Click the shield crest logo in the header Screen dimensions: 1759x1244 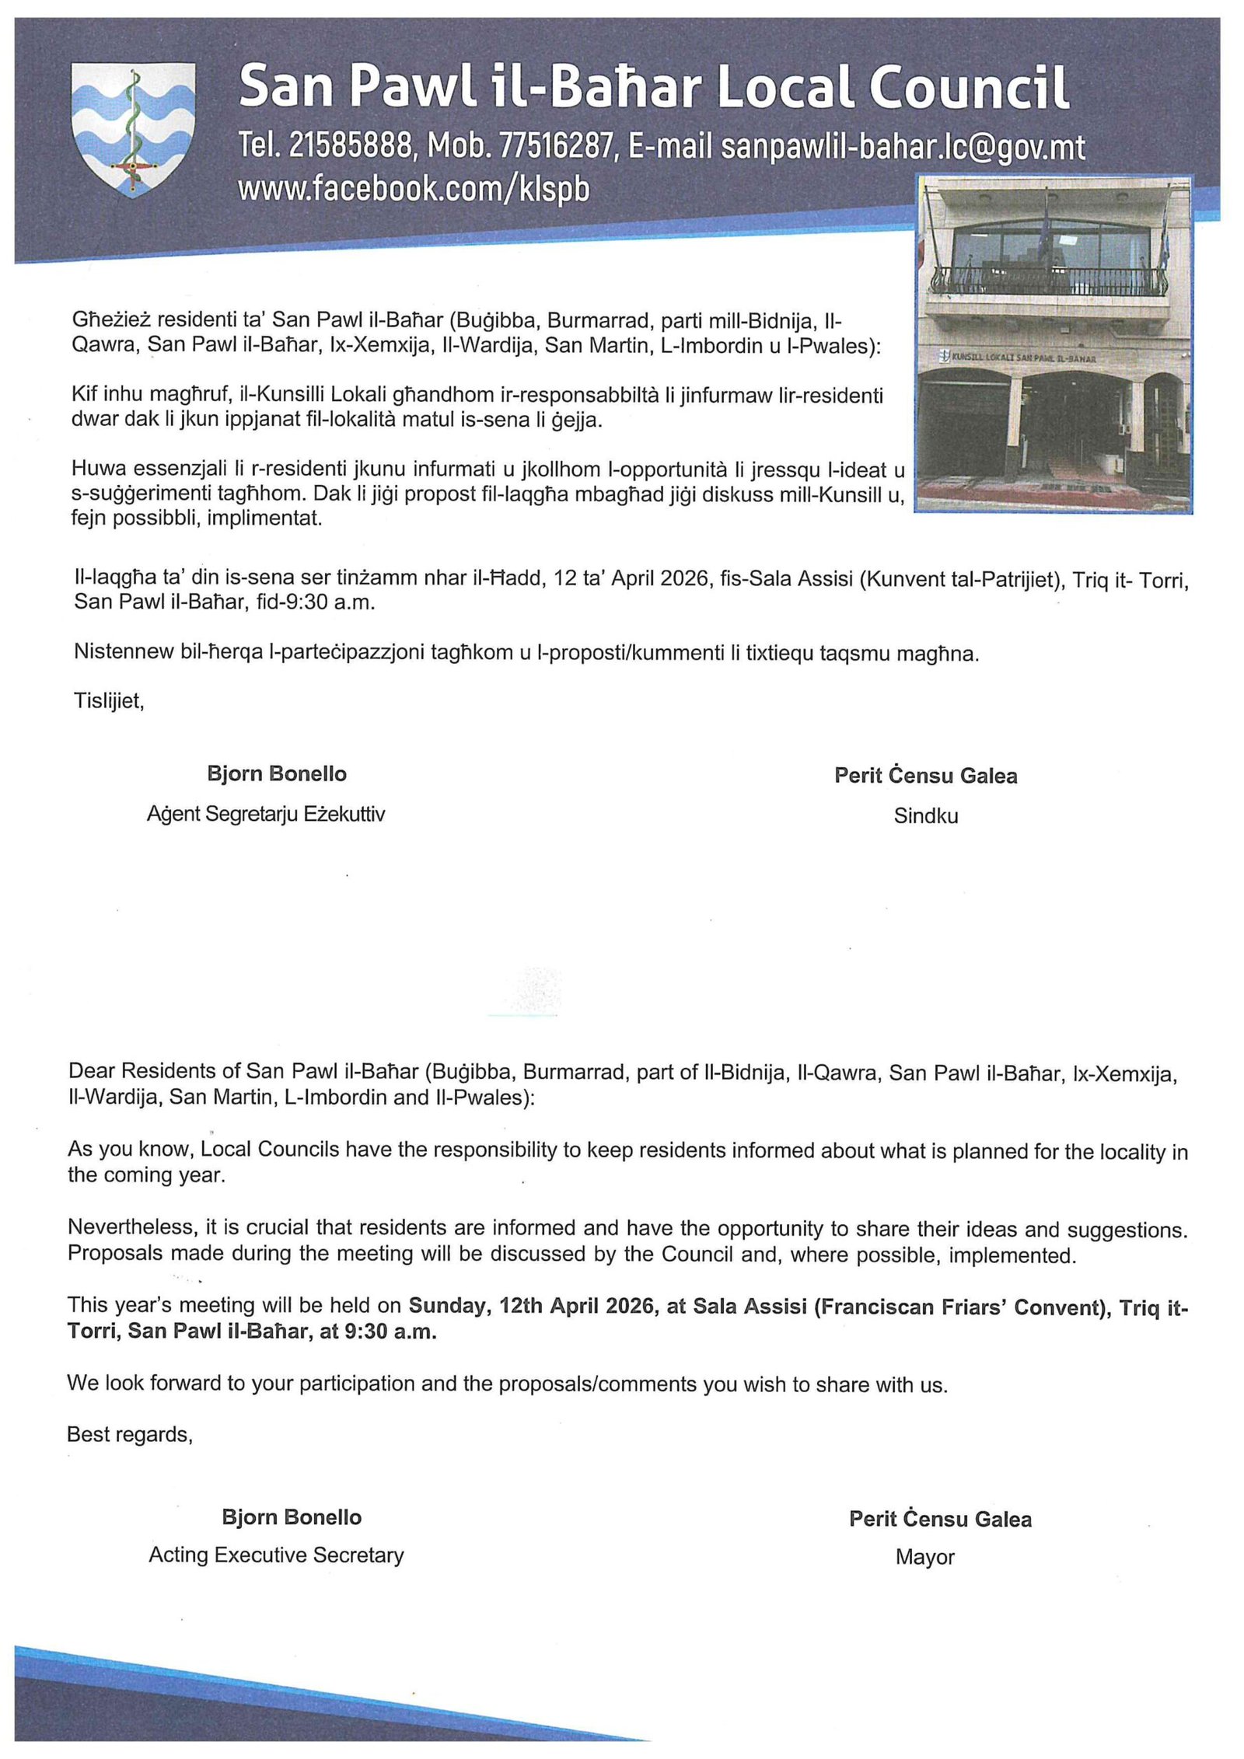click(x=133, y=129)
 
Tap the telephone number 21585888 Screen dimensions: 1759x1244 click(x=349, y=145)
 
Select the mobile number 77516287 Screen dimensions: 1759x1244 click(x=555, y=145)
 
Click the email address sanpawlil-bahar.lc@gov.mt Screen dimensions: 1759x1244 click(x=902, y=147)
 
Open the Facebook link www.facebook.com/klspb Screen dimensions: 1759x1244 click(x=414, y=188)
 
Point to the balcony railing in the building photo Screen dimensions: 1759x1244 click(x=1049, y=280)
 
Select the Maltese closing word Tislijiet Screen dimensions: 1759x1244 click(x=109, y=701)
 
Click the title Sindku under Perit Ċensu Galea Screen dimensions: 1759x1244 click(x=925, y=816)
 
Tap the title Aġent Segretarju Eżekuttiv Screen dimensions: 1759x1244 click(x=266, y=815)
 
